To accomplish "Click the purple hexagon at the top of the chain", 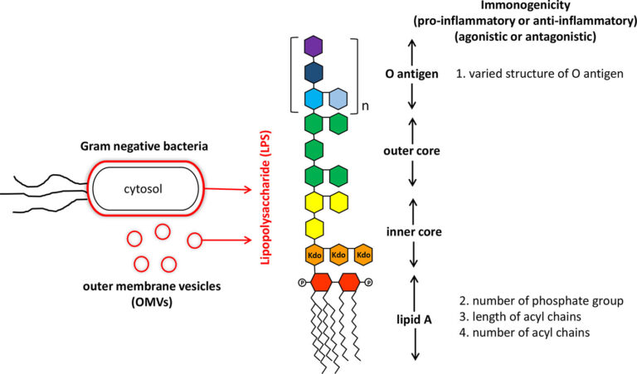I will [314, 46].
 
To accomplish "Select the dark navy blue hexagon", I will [314, 73].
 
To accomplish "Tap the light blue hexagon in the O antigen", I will [338, 100].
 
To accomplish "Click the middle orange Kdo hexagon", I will [338, 255].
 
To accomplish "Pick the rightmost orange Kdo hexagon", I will [362, 255].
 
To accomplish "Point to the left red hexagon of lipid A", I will [314, 282].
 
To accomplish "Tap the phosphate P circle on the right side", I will [370, 282].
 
